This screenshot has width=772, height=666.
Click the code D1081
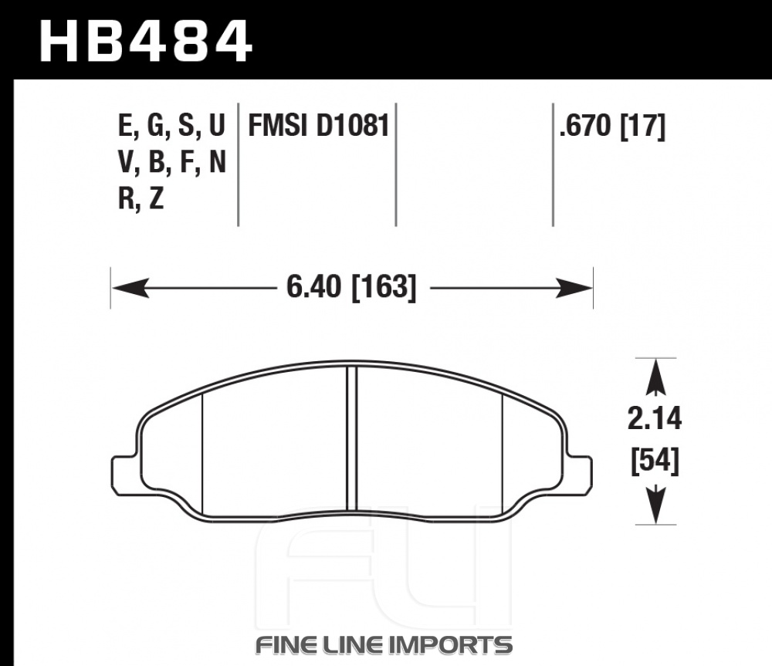(353, 125)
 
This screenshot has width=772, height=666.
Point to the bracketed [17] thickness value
(642, 126)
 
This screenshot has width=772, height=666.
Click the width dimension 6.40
(313, 287)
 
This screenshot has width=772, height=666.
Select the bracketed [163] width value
(384, 287)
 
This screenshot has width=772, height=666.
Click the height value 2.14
(655, 419)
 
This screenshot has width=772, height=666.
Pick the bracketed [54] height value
(655, 461)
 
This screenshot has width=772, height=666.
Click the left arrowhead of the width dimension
(130, 287)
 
